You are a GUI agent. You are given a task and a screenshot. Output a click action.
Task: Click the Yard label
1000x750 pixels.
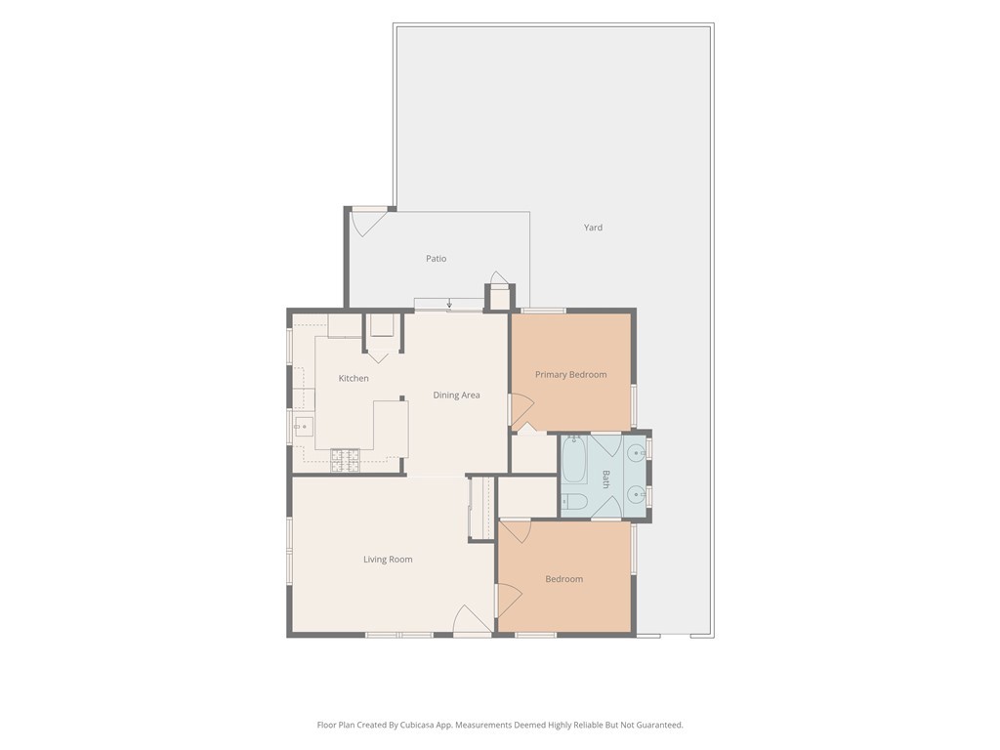593,228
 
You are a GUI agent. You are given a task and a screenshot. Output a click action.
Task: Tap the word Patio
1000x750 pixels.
437,258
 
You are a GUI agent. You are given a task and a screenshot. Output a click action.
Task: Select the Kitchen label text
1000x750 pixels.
354,378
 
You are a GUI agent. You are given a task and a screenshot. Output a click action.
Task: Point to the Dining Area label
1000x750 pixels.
457,396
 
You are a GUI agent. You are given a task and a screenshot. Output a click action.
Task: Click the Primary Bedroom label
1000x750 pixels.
570,375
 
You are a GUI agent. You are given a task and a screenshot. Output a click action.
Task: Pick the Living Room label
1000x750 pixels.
388,560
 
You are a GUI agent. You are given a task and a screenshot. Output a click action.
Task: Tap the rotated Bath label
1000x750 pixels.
605,479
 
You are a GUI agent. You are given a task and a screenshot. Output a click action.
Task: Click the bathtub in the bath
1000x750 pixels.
574,459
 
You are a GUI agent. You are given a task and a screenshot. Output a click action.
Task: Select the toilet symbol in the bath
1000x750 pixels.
573,502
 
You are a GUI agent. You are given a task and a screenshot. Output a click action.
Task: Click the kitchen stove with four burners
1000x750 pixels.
345,461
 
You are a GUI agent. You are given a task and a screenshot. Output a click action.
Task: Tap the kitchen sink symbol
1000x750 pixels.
304,427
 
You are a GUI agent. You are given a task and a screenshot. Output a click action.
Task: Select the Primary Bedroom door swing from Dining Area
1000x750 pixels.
521,410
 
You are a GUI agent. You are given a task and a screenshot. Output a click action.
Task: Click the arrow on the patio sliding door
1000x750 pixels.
449,303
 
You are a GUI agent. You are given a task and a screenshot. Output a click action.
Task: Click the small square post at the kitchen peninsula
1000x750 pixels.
402,398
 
